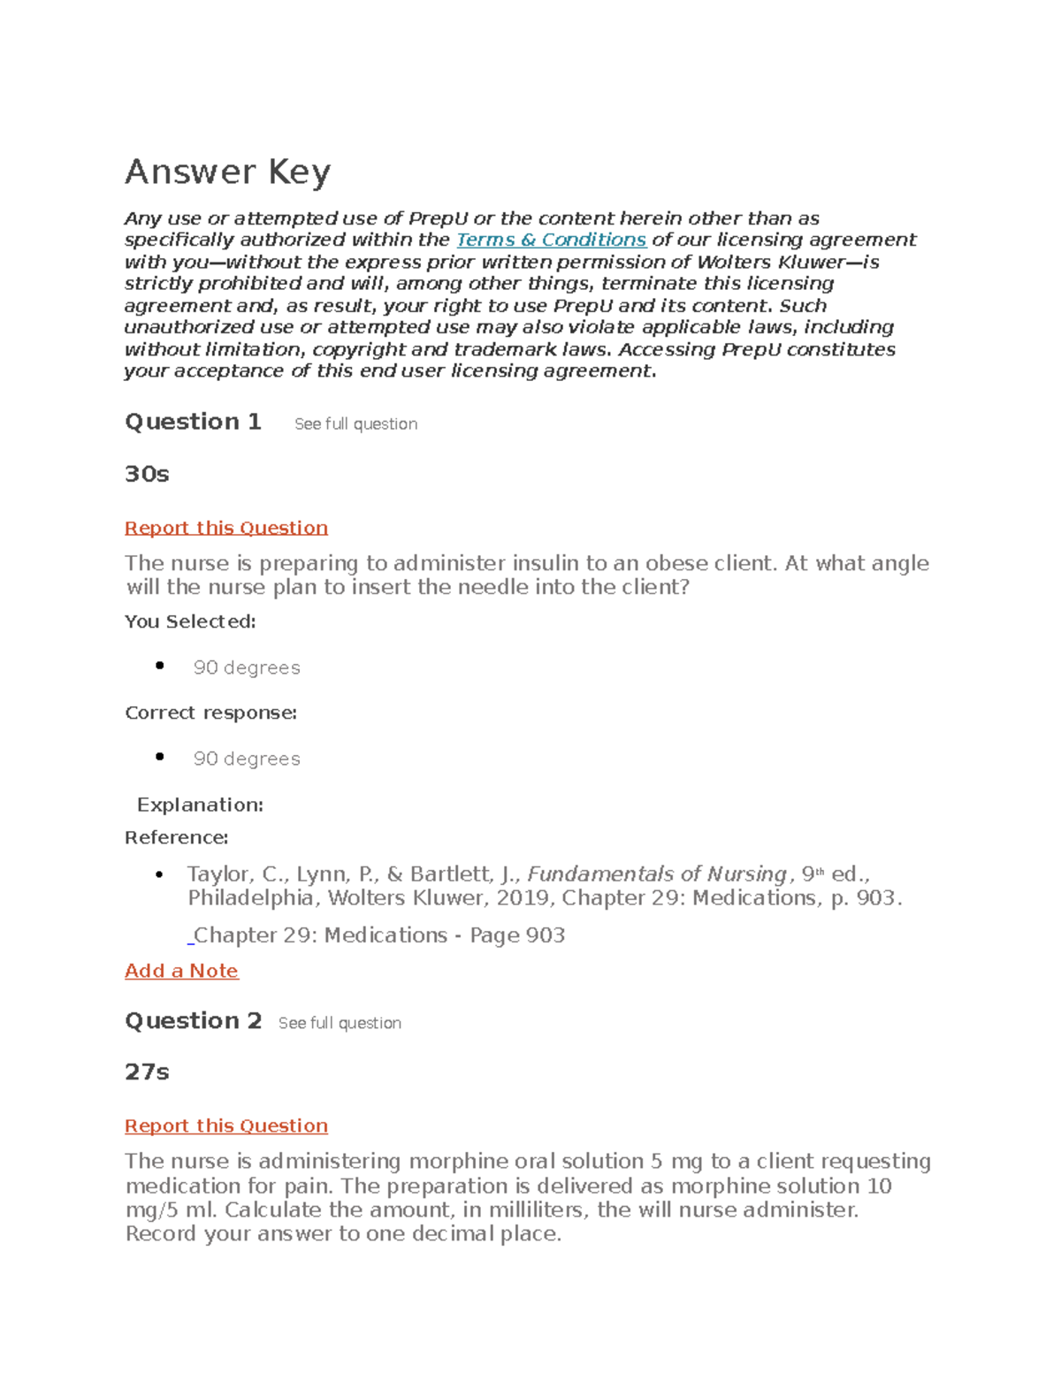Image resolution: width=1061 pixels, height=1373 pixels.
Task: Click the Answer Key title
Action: tap(227, 172)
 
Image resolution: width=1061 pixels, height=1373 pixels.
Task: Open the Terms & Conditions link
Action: tap(551, 240)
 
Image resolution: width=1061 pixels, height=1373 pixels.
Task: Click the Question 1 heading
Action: tap(193, 422)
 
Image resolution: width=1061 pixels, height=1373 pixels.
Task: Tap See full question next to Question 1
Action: tap(355, 424)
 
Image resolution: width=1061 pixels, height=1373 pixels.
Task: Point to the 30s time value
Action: tap(147, 474)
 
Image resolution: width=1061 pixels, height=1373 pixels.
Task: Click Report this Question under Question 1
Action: tap(226, 528)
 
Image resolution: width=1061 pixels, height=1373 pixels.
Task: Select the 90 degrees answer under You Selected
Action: tap(247, 667)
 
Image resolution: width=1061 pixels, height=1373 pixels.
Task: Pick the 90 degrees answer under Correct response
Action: tap(247, 759)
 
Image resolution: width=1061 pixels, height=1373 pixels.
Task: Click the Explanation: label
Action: tap(200, 805)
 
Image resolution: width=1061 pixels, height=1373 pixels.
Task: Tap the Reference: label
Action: tap(176, 837)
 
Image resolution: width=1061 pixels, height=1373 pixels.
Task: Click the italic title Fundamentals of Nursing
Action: tap(656, 874)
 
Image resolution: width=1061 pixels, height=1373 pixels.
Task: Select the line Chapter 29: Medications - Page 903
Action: tap(379, 935)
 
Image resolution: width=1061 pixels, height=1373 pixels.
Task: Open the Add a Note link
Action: tap(181, 971)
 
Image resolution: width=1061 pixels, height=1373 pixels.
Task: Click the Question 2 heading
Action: tap(193, 1021)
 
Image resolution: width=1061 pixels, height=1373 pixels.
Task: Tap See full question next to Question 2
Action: tap(340, 1023)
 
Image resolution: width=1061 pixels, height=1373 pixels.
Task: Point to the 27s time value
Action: tap(147, 1072)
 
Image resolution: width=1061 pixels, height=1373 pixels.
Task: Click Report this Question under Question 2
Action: tap(226, 1125)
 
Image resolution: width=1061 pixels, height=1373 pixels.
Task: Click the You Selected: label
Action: tap(190, 622)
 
